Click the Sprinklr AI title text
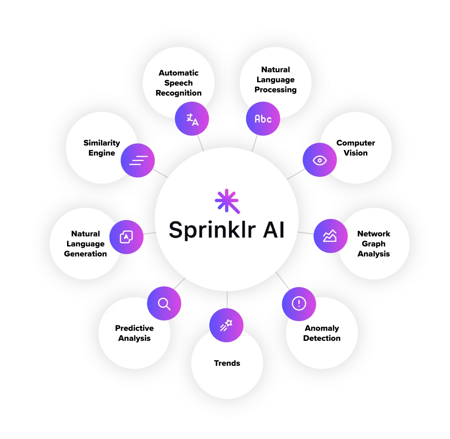tap(226, 230)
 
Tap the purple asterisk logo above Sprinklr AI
tap(227, 201)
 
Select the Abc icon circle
tap(263, 119)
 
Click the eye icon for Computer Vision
tap(319, 160)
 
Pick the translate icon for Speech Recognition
tap(192, 119)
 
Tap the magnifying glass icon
tap(164, 303)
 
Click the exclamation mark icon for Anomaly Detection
tap(299, 304)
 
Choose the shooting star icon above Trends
tap(226, 325)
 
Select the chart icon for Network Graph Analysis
tap(330, 236)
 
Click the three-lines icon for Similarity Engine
tap(138, 160)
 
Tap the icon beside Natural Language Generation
tap(127, 237)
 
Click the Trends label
tap(227, 363)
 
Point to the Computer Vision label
tap(355, 148)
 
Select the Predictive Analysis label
tap(134, 333)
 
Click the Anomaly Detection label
tap(322, 333)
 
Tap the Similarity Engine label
tap(101, 148)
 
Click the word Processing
tap(275, 90)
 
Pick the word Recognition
tap(178, 93)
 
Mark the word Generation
tap(85, 254)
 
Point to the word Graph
tap(373, 244)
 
